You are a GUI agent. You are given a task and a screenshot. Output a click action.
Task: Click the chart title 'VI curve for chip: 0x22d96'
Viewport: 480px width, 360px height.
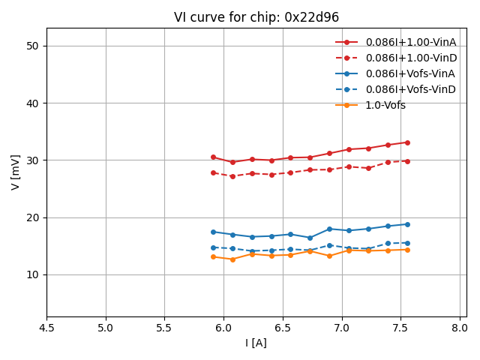tap(256, 17)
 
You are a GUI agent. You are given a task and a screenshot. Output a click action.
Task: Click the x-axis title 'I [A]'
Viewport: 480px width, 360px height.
tap(256, 343)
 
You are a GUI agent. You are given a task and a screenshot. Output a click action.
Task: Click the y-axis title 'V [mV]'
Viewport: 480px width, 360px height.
tap(16, 172)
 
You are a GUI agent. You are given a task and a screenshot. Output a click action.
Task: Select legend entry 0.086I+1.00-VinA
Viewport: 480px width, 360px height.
tap(410, 42)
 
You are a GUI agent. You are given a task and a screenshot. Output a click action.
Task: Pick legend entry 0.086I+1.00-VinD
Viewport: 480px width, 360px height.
tap(410, 58)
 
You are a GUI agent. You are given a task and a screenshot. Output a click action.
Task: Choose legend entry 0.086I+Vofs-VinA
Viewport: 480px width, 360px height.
tap(410, 73)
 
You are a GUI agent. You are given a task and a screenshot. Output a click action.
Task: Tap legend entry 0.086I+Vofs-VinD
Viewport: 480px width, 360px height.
tap(410, 89)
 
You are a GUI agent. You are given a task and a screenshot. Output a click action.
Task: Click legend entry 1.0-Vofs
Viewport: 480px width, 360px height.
tap(385, 105)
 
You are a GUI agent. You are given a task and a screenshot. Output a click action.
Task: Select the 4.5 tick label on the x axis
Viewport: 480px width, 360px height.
tap(46, 328)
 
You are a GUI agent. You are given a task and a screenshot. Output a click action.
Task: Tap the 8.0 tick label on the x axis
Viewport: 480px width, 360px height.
tap(460, 328)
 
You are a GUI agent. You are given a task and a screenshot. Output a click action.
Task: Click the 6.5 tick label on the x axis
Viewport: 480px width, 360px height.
tap(283, 328)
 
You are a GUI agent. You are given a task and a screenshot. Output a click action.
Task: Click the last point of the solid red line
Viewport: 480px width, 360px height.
tap(407, 142)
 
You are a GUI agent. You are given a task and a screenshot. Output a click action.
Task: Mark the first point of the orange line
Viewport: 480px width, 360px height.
tap(213, 256)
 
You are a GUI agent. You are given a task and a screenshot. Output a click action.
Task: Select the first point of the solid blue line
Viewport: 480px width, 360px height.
tap(213, 232)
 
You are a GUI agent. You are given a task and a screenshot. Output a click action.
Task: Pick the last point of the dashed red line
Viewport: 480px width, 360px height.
tap(407, 160)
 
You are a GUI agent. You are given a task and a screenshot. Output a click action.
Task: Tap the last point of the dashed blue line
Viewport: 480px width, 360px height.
tap(407, 243)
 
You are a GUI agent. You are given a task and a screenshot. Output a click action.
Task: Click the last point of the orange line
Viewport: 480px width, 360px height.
tap(407, 250)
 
